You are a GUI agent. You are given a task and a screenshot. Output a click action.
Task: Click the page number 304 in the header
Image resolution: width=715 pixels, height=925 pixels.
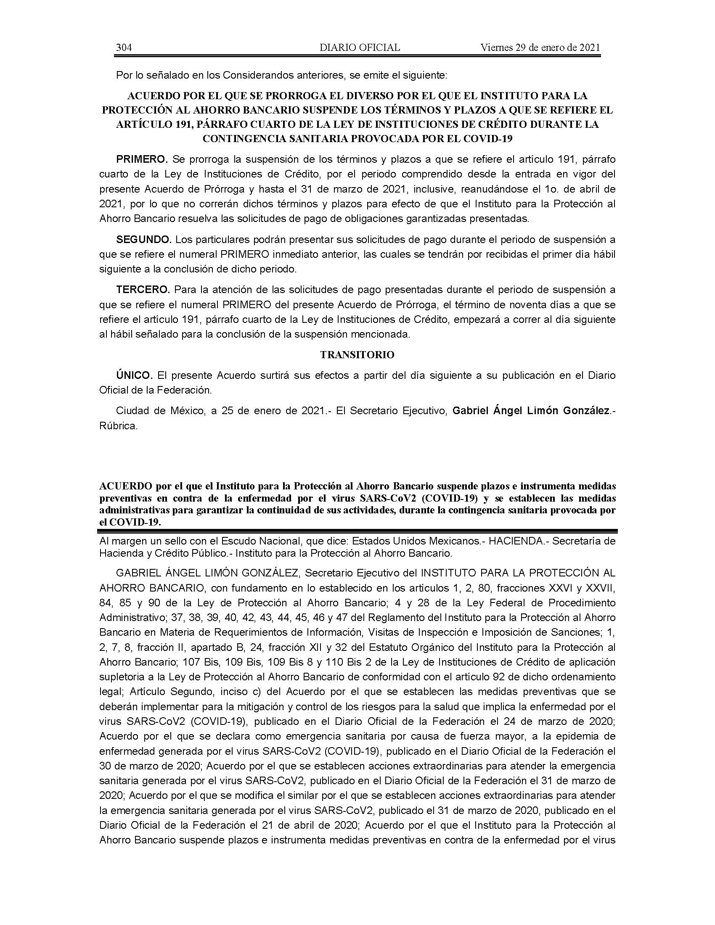124,48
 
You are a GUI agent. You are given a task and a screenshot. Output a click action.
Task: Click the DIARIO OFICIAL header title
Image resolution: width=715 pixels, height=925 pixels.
360,48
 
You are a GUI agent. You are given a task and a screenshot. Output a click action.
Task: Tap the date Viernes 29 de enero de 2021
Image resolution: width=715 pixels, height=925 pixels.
540,48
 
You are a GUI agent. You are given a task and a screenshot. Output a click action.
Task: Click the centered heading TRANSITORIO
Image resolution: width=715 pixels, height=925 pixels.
357,355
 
